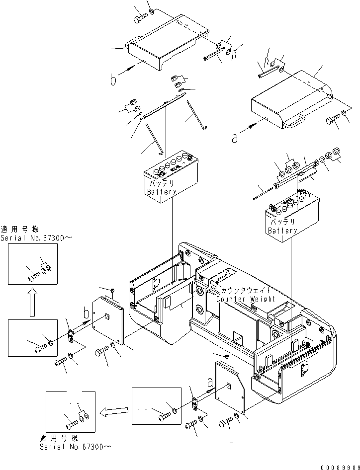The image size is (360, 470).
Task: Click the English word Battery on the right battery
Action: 282,231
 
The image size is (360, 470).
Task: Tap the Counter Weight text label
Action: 246,299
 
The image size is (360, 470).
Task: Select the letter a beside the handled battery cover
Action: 234,139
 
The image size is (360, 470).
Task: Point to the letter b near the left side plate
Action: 88,314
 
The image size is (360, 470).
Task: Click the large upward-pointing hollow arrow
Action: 31,304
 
